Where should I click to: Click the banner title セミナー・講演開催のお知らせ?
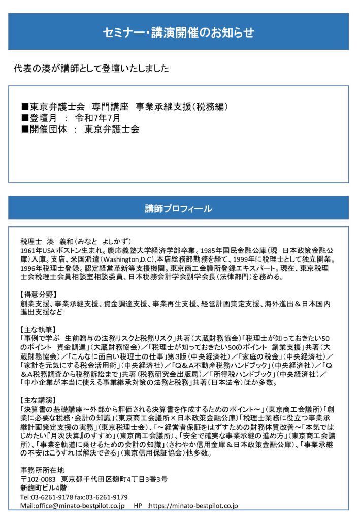tap(178, 32)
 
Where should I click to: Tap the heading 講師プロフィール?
tap(178, 208)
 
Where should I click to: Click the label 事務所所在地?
tap(43, 469)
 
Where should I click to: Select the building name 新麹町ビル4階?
tap(43, 488)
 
